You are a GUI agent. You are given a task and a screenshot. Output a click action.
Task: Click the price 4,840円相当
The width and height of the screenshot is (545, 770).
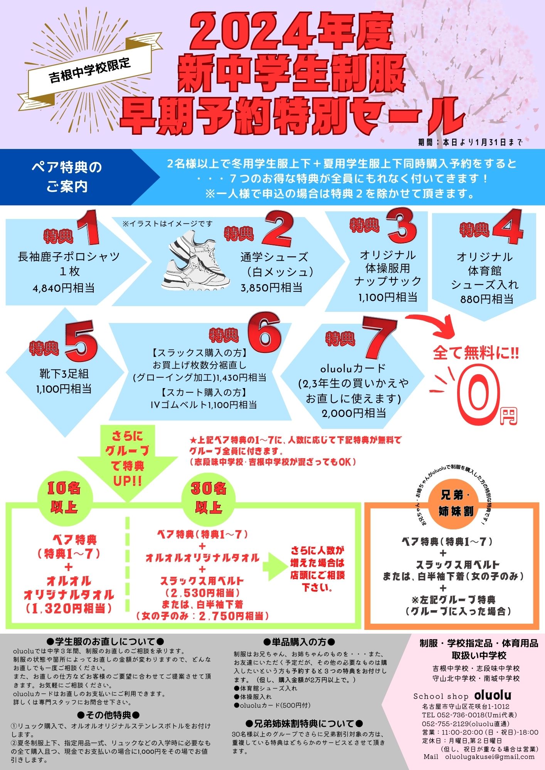[x=64, y=288]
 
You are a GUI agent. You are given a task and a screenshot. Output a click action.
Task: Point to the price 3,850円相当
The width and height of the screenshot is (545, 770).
[x=272, y=288]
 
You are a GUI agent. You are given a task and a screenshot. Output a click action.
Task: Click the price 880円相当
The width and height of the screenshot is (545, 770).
[x=487, y=299]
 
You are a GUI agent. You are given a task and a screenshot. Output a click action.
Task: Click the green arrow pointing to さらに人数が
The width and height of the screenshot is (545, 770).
[x=274, y=567]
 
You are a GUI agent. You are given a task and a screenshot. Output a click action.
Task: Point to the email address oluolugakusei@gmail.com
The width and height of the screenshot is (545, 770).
[x=490, y=757]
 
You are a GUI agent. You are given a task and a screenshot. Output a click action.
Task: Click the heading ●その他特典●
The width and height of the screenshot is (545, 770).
[x=109, y=715]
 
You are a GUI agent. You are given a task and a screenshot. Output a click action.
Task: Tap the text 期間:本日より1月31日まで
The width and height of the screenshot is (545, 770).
[x=470, y=142]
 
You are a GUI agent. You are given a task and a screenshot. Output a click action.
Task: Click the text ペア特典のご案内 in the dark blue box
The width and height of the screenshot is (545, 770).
[x=67, y=177]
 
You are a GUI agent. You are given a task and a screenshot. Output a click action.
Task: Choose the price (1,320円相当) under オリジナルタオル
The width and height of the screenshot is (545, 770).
[x=69, y=608]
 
